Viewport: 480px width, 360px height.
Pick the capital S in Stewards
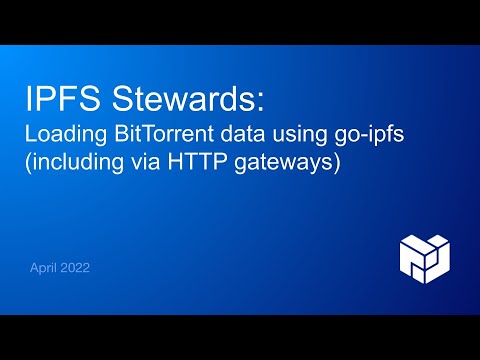[x=125, y=101]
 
